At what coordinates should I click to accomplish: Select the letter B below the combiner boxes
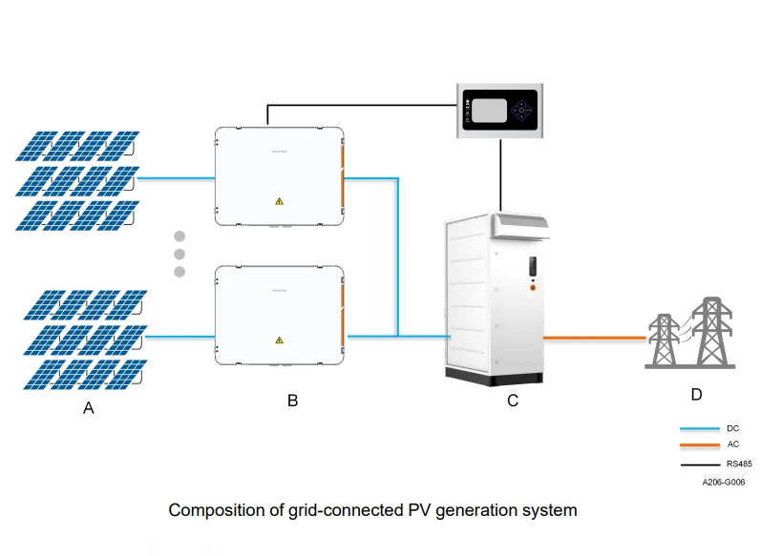pos(292,401)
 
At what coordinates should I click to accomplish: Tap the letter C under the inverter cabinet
pos(513,401)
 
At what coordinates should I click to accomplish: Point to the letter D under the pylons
pos(695,393)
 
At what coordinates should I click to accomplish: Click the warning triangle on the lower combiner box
pos(279,340)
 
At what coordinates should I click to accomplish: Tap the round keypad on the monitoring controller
pos(522,110)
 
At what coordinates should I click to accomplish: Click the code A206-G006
pos(723,483)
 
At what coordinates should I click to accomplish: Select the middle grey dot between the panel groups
pos(179,254)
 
